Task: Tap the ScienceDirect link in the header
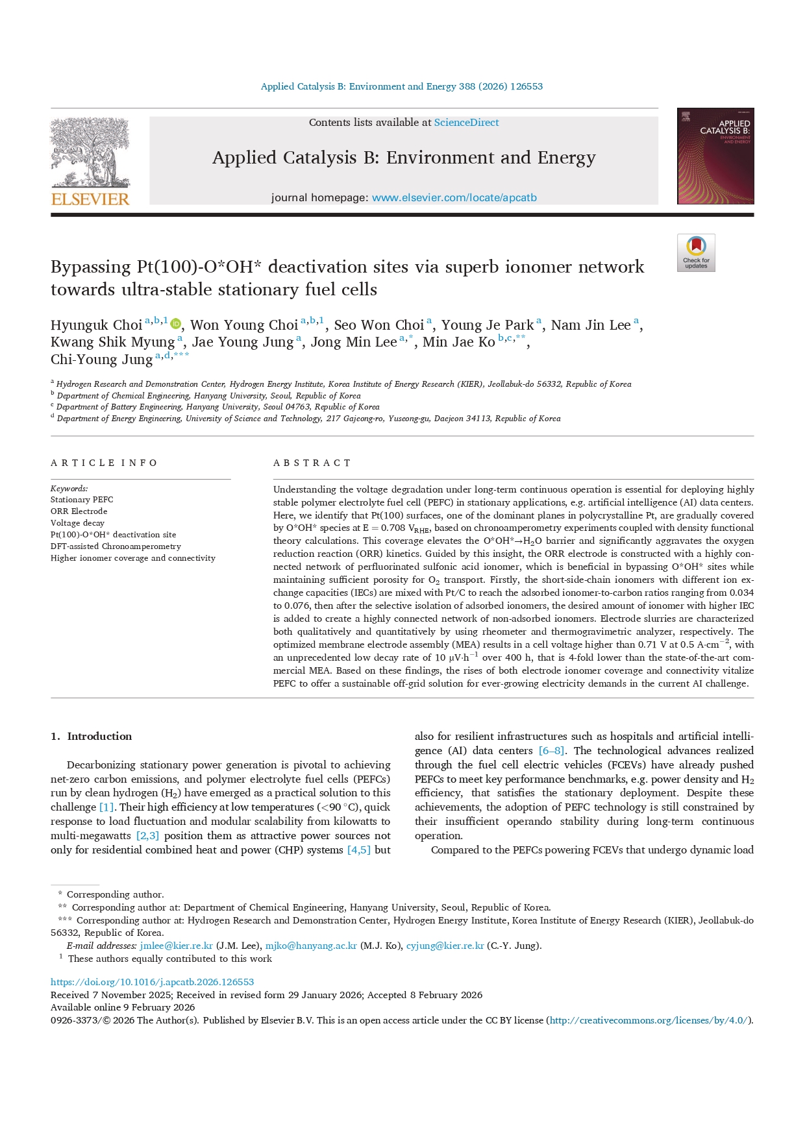click(x=466, y=123)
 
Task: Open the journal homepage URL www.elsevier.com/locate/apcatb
click(x=454, y=198)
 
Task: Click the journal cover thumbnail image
click(x=715, y=156)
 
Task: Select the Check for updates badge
click(x=696, y=252)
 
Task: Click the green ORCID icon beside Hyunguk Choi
click(x=175, y=325)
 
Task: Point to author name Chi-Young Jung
click(x=101, y=360)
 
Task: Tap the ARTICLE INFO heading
click(x=104, y=463)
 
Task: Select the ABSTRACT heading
click(x=312, y=463)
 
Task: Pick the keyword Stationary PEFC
click(x=82, y=500)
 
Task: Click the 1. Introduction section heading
click(x=91, y=737)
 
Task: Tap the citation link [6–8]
click(x=551, y=751)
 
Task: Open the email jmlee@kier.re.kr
click(x=176, y=946)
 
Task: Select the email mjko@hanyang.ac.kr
click(x=311, y=946)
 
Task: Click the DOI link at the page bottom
click(x=152, y=982)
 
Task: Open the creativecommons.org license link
click(x=649, y=1020)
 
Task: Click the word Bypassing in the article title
click(x=90, y=267)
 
